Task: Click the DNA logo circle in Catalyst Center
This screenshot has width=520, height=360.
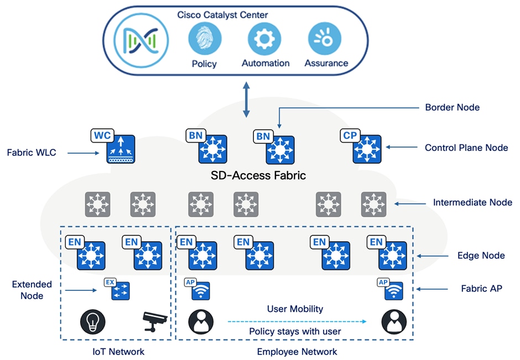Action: point(141,41)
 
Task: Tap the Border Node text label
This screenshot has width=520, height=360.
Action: point(452,107)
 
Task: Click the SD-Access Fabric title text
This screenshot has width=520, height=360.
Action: point(259,176)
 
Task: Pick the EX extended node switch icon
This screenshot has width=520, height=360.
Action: point(120,291)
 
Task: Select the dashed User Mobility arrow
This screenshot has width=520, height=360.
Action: point(297,321)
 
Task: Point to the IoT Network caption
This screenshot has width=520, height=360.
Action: point(118,352)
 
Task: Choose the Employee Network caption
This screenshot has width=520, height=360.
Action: point(297,352)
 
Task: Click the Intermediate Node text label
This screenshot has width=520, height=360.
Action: point(472,202)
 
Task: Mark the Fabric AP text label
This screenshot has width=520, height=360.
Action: point(481,288)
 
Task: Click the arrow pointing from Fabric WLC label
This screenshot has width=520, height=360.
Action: point(84,152)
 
